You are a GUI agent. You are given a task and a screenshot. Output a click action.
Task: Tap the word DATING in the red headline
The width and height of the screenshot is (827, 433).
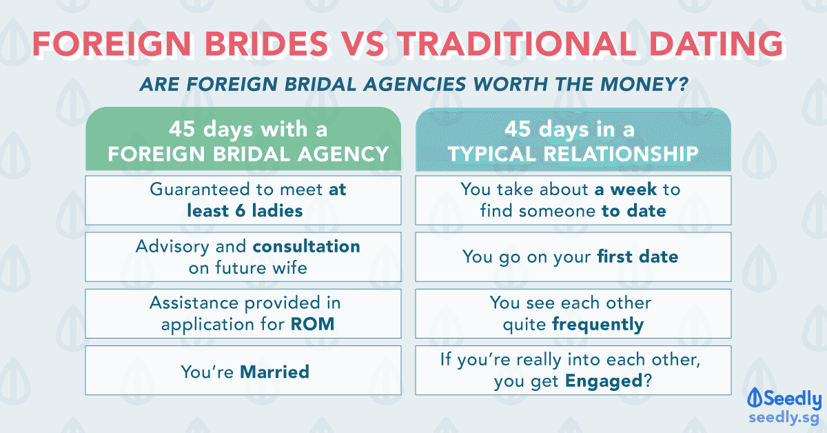[x=716, y=43]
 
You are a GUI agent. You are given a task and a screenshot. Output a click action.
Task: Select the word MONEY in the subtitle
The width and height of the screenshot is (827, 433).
[x=644, y=84]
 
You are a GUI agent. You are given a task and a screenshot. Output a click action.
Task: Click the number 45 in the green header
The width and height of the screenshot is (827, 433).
[x=182, y=129]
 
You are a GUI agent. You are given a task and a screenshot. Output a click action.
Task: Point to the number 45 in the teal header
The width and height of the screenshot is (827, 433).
[x=518, y=129]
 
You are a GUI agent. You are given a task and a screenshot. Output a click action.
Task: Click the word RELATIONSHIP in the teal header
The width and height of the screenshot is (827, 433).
[x=621, y=154]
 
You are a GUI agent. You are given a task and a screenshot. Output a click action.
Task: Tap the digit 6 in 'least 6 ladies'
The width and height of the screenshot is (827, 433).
[x=241, y=211]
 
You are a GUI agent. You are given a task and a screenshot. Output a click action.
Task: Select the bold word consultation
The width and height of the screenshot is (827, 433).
[x=307, y=246]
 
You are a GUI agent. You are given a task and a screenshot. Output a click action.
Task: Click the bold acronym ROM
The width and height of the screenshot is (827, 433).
[x=312, y=324]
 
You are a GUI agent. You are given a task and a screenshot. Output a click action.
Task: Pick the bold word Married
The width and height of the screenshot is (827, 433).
[x=275, y=372]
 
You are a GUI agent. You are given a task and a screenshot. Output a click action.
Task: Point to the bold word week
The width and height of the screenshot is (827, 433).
[x=633, y=189]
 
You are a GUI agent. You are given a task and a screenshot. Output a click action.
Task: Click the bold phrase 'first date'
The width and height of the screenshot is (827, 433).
[x=637, y=256]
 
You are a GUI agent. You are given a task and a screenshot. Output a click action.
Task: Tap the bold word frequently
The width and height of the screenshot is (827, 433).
[x=598, y=325]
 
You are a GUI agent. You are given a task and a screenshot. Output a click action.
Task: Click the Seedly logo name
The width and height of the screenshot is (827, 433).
[x=793, y=399]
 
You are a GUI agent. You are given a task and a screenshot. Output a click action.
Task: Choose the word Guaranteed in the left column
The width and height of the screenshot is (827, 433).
[x=200, y=189]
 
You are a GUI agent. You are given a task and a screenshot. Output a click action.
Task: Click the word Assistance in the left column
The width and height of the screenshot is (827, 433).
[x=194, y=303]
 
